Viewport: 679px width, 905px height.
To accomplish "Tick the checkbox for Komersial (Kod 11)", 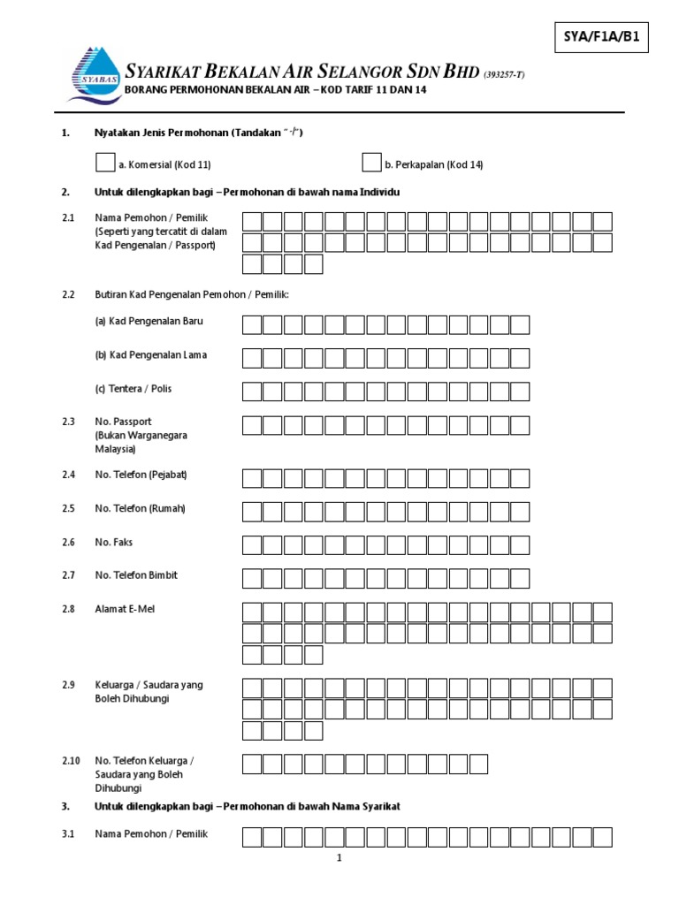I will coord(105,162).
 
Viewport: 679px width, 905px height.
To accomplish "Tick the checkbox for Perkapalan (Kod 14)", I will coord(371,162).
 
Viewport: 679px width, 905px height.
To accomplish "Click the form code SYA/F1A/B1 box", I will coord(601,37).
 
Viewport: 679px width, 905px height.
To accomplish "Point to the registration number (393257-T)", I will coord(503,75).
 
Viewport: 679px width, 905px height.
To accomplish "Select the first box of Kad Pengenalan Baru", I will coord(252,324).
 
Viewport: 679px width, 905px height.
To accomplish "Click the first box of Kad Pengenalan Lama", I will coord(252,358).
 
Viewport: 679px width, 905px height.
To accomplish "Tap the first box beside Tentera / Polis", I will coord(252,392).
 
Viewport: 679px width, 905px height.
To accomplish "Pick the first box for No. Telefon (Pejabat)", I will coord(252,478).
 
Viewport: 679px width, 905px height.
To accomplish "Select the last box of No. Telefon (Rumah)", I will coord(520,512).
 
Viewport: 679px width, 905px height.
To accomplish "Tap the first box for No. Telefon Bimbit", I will coord(252,579).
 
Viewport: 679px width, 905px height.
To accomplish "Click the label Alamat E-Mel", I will coord(124,609).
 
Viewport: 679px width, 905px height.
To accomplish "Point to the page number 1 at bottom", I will coord(339,857).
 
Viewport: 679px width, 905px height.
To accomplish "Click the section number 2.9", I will coord(69,685).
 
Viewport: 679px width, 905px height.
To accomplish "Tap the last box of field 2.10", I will coord(478,764).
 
